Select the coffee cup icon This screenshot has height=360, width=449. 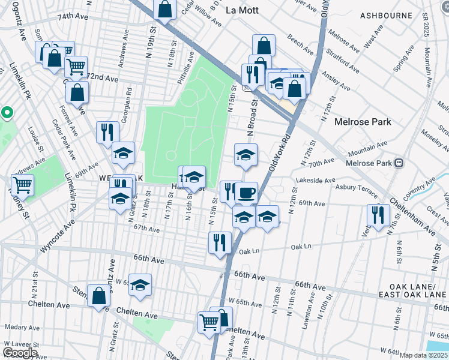246,193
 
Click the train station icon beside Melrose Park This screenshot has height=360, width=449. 398,163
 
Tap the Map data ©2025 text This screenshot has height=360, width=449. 423,355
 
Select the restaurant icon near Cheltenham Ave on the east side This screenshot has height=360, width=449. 378,215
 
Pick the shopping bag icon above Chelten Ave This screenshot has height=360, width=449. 98,296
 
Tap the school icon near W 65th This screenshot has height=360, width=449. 140,285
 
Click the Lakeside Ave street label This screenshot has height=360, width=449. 315,180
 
